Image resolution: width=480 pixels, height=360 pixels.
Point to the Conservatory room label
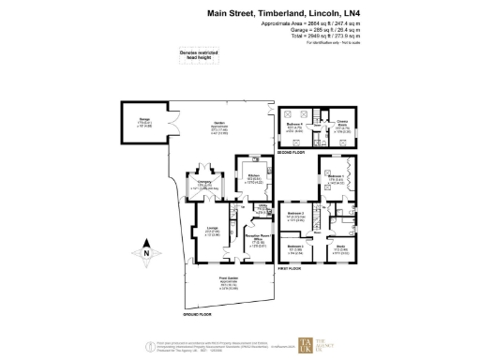pyautogui.click(x=203, y=186)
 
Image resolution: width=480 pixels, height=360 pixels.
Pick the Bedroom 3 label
pyautogui.click(x=295, y=249)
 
